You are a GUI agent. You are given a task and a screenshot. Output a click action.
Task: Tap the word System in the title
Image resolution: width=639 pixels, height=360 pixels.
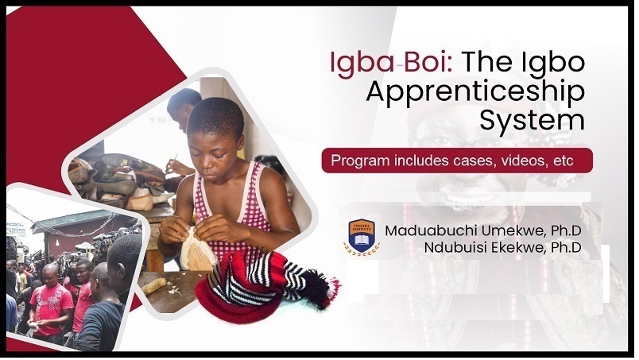pos(533,121)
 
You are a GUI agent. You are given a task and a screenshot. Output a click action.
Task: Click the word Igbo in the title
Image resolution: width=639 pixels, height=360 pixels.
pos(553,63)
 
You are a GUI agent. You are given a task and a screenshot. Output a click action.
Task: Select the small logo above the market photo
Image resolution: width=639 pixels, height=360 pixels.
pos(16,224)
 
